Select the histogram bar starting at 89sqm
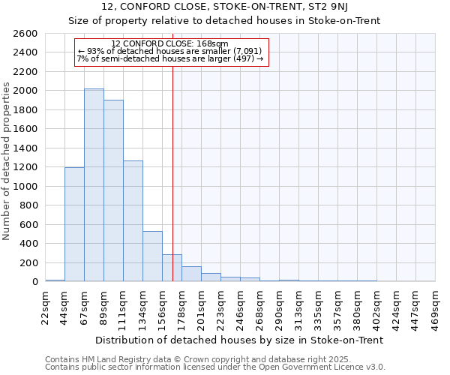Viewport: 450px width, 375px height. [x=113, y=190]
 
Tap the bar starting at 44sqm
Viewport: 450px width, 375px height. [x=74, y=224]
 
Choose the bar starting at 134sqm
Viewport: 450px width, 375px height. [x=152, y=256]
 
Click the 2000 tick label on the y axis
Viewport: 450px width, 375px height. [x=25, y=91]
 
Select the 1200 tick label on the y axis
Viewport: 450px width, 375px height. [x=25, y=167]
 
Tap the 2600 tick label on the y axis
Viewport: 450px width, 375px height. [x=25, y=34]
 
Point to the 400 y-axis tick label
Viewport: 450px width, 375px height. [x=28, y=244]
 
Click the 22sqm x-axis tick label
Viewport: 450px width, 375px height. [x=45, y=306]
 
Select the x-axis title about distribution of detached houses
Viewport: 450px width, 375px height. [x=240, y=340]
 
